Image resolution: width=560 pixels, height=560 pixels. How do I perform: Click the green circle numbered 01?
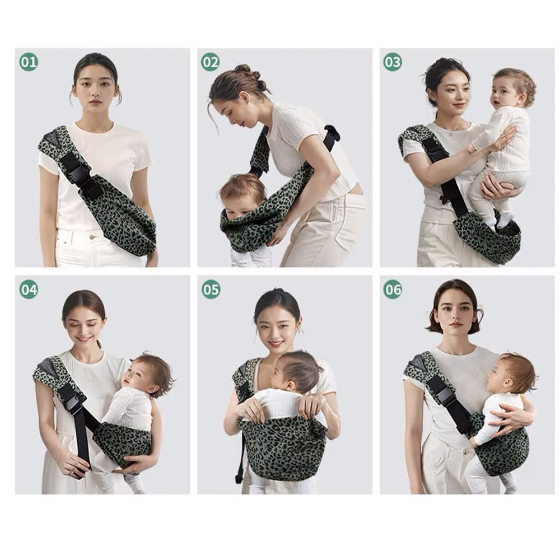[29, 62]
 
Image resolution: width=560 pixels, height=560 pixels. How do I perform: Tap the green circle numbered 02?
[211, 62]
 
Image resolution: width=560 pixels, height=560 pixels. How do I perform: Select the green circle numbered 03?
[393, 62]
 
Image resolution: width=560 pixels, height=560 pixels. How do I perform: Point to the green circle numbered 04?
[29, 290]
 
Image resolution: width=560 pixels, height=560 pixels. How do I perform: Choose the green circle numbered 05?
[211, 290]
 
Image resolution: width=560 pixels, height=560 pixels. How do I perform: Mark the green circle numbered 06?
[393, 290]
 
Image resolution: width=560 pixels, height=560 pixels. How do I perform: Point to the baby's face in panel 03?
[503, 94]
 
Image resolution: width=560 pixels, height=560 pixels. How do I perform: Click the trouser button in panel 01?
[92, 237]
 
